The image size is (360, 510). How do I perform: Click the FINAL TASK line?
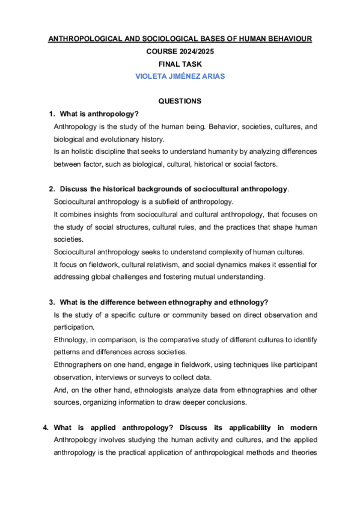[x=180, y=64]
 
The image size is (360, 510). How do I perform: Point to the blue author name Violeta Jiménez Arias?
[x=180, y=77]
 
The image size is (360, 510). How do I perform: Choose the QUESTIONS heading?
[x=180, y=102]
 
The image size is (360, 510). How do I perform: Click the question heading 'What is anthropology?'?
[x=99, y=114]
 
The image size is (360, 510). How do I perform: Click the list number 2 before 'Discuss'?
[x=52, y=189]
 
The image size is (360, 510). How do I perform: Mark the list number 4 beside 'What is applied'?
[x=46, y=427]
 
